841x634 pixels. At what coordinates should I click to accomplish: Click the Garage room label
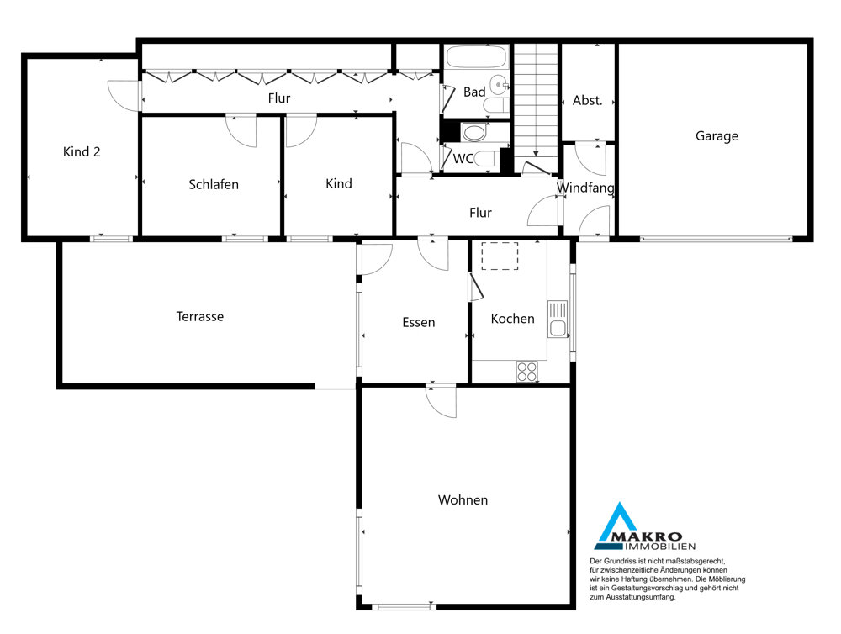[x=717, y=136]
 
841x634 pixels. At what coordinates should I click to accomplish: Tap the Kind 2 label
[x=82, y=152]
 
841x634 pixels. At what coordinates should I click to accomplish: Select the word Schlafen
[x=214, y=184]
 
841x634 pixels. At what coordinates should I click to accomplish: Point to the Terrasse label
[x=200, y=316]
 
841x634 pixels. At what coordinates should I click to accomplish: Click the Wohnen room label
[x=463, y=500]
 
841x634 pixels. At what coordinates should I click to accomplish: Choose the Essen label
[x=418, y=322]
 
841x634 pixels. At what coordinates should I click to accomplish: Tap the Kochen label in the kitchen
[x=513, y=319]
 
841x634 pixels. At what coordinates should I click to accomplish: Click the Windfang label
[x=585, y=188]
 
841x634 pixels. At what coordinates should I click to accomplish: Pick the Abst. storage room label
[x=587, y=100]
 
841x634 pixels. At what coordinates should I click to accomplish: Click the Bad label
[x=474, y=92]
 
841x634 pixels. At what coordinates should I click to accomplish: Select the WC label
[x=463, y=159]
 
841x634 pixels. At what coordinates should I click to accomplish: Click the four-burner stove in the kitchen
[x=526, y=372]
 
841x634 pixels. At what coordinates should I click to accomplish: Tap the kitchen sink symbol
[x=558, y=319]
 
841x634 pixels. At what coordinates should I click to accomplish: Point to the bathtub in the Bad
[x=476, y=57]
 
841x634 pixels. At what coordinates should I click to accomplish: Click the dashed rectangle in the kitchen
[x=500, y=256]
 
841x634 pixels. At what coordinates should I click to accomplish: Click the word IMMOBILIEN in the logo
[x=659, y=547]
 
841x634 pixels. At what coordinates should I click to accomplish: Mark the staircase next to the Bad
[x=536, y=108]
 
